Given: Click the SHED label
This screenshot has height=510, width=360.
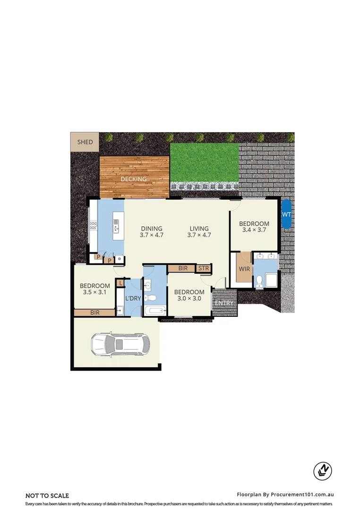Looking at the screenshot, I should tap(85, 142).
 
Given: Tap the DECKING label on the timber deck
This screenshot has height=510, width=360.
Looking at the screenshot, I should tap(134, 179).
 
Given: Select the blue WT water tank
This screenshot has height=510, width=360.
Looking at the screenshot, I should tap(286, 214).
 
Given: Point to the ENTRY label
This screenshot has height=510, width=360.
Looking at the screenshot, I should tap(224, 303).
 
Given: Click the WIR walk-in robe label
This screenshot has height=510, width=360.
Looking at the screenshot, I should tap(244, 269).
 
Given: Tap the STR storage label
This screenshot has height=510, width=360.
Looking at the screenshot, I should tap(204, 268).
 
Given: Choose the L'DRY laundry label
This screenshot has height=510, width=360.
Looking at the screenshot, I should tap(133, 298).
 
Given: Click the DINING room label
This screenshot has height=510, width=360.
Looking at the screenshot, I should tap(151, 229).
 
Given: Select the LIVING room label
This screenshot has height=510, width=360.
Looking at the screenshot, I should tap(198, 229).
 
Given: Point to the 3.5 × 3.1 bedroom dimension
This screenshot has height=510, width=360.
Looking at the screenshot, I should tap(95, 292).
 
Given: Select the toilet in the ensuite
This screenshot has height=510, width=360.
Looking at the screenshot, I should tap(259, 281).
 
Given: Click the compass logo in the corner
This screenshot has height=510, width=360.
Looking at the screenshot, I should tap(323, 470).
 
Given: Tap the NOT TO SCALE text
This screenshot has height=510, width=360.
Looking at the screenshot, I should tap(47, 495).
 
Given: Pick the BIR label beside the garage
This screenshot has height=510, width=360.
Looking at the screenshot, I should tap(94, 313).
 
